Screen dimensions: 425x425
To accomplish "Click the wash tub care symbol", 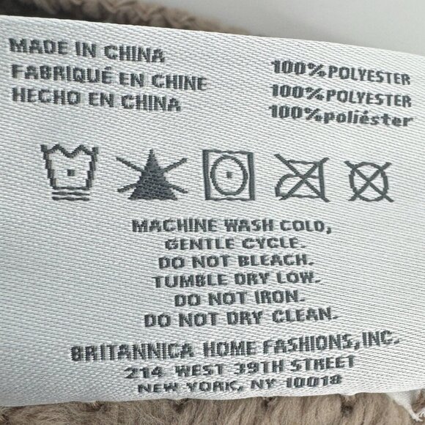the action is point(70,172).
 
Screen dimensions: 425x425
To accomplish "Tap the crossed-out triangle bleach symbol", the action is point(152,175).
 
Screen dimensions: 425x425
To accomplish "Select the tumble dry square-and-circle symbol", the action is point(229,175).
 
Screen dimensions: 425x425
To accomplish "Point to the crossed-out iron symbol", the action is point(301,178).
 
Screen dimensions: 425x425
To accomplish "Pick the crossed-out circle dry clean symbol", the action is point(370,182).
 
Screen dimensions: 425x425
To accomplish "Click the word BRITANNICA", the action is point(133,352).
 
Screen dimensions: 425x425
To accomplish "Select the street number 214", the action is point(144,372).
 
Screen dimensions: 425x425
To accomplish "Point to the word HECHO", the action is point(46,95).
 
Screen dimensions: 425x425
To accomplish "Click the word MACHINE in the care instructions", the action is point(175,225).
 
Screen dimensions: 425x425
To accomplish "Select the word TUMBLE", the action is point(189,281).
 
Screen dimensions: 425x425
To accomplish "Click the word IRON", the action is point(278,297).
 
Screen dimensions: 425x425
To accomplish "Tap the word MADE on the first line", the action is point(39,47).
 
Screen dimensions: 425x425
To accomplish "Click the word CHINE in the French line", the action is point(180,82).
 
